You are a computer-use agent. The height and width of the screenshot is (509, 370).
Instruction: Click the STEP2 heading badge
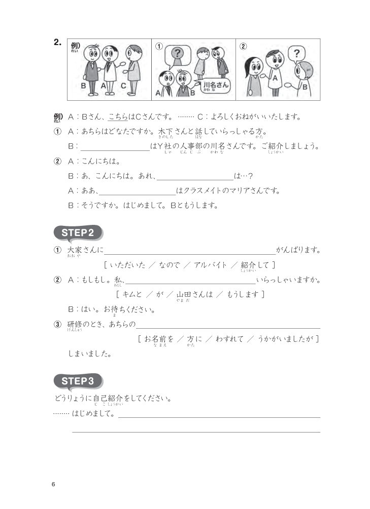(x=78, y=233)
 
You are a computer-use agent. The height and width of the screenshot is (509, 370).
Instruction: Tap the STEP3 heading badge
(x=78, y=381)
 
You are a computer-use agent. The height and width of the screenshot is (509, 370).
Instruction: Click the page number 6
(x=53, y=484)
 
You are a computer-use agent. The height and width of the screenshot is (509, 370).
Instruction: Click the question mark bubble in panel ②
(x=297, y=53)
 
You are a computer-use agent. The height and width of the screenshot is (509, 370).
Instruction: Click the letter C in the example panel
(x=123, y=86)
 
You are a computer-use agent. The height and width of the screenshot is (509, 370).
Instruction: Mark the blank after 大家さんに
(x=190, y=250)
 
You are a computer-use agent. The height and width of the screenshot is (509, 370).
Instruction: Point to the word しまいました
(x=89, y=354)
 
